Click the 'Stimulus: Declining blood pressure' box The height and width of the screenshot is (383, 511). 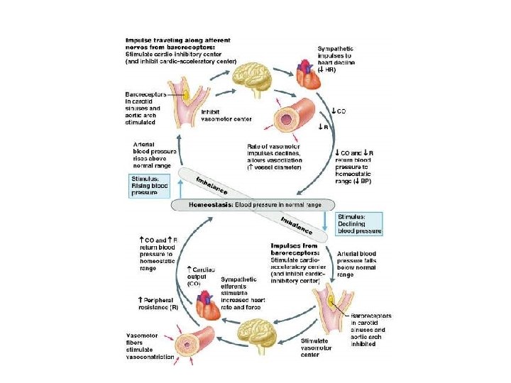point(359,222)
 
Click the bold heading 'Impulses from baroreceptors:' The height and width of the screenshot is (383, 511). point(294,249)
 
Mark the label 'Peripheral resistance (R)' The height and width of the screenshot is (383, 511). point(158,304)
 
